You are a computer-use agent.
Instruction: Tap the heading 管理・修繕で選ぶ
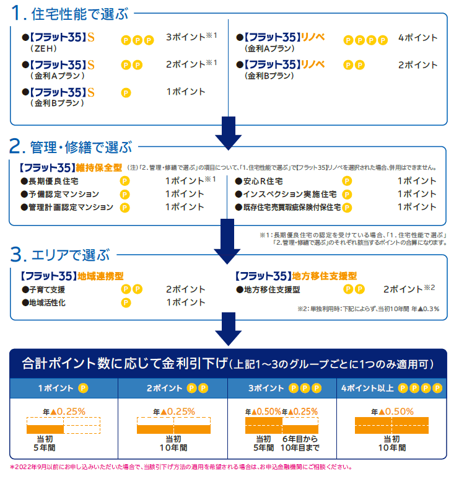pyautogui.click(x=81, y=147)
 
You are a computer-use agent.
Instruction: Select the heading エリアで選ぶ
pyautogui.click(x=69, y=255)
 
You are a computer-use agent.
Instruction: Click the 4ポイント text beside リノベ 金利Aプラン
pyautogui.click(x=417, y=38)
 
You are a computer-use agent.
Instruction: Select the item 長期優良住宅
pyautogui.click(x=53, y=182)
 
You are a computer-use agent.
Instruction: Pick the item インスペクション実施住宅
pyautogui.click(x=286, y=195)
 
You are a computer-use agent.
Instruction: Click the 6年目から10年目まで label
pyautogui.click(x=300, y=442)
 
